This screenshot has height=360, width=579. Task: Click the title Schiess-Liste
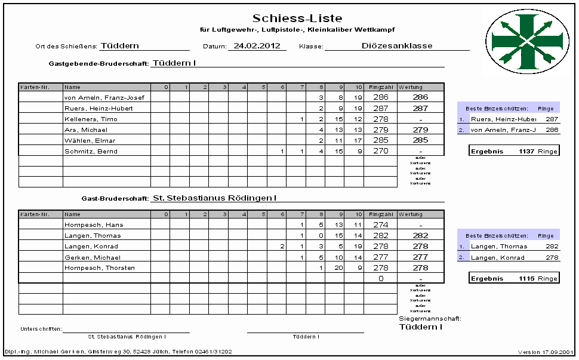click(297, 19)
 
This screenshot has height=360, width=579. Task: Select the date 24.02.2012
click(257, 45)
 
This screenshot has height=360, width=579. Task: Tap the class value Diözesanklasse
click(397, 45)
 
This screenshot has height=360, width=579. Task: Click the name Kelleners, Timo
click(91, 119)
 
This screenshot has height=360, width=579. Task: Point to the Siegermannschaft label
click(429, 319)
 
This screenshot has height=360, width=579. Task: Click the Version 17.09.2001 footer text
click(546, 352)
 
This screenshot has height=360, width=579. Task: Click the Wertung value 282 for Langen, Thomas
click(420, 236)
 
